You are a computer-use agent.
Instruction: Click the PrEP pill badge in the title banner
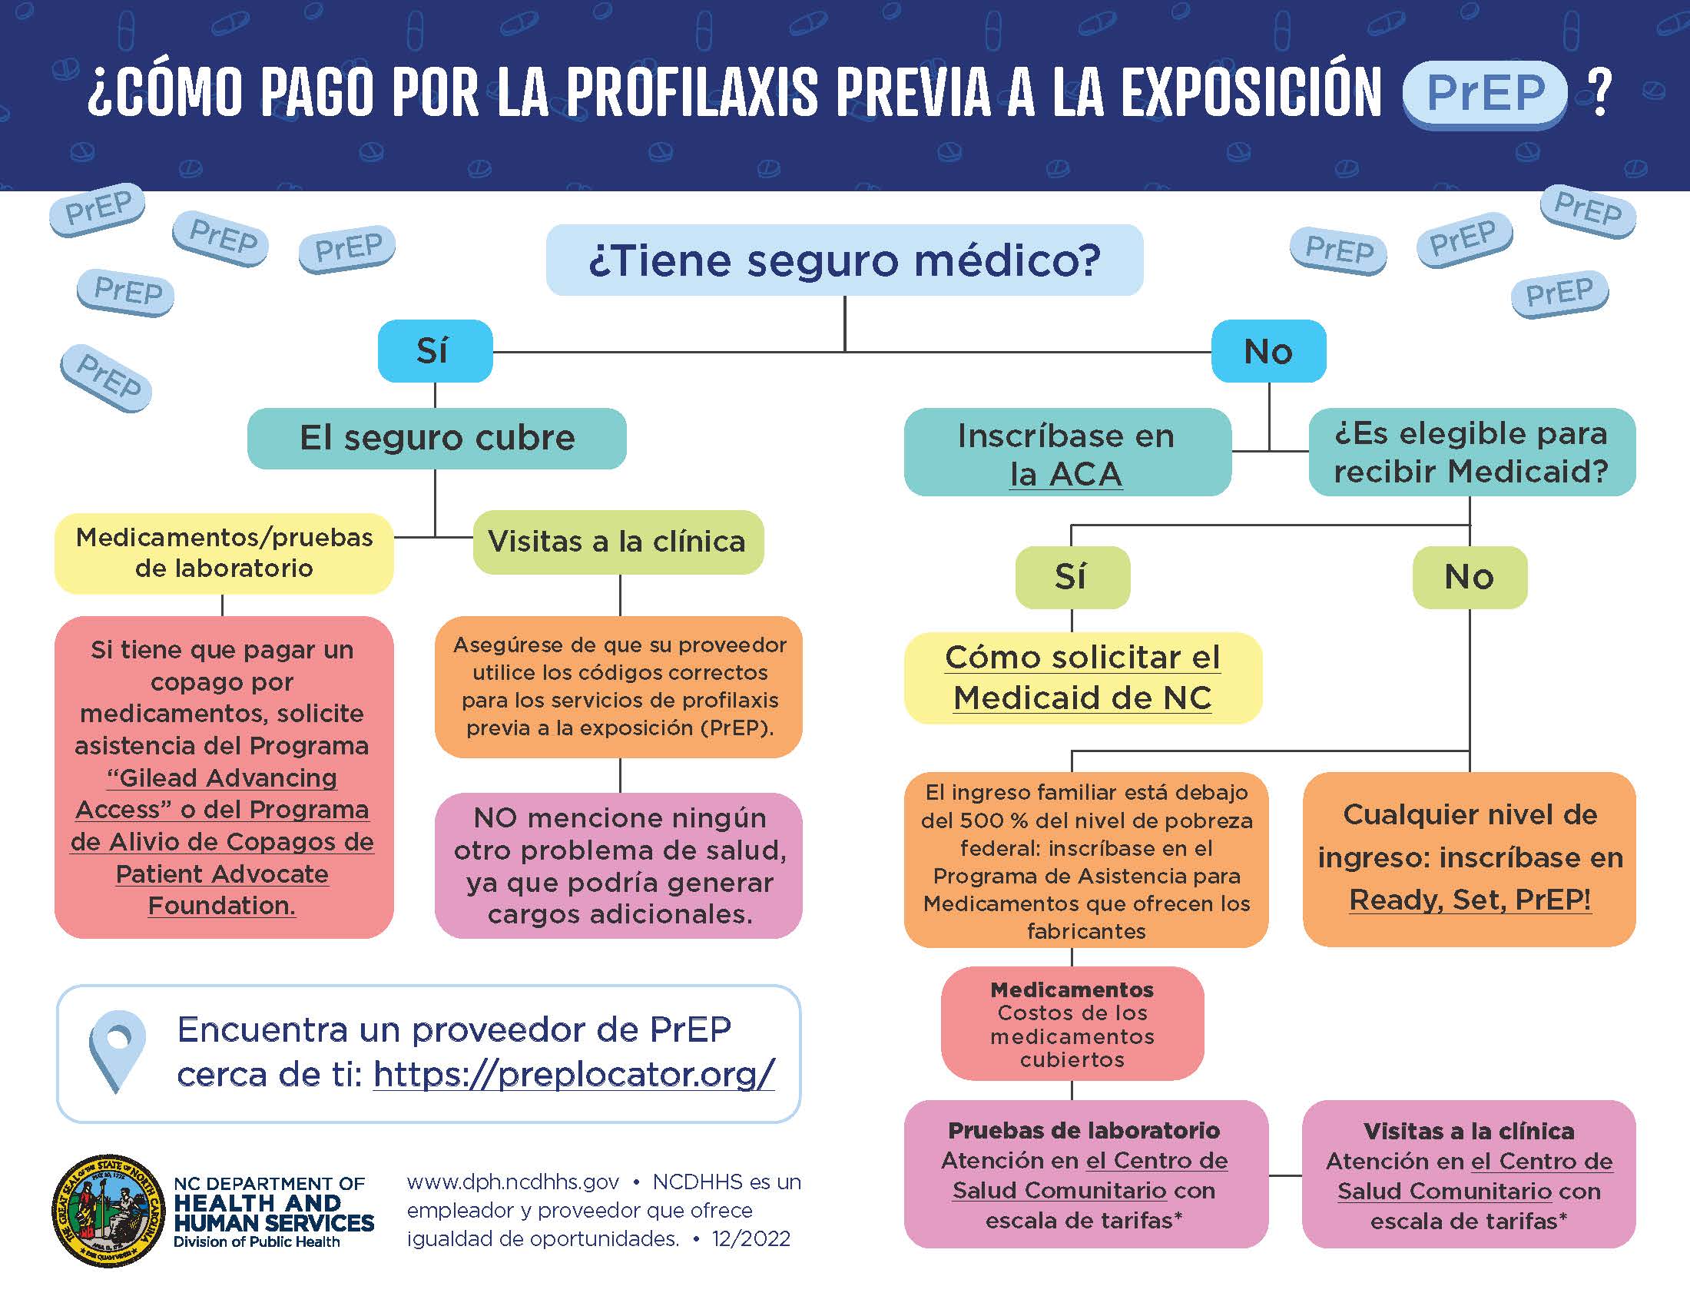click(1485, 94)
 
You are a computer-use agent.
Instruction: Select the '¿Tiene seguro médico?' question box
click(844, 260)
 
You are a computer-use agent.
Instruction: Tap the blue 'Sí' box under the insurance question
click(435, 350)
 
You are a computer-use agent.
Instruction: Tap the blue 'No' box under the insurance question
click(1268, 350)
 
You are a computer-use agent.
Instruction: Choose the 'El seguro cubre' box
click(436, 438)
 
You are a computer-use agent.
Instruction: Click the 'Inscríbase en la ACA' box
click(1067, 452)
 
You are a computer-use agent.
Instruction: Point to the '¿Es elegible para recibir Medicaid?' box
click(1472, 452)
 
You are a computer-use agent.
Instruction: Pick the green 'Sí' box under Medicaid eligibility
click(1072, 577)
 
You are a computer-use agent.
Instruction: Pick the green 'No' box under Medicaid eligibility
click(1470, 577)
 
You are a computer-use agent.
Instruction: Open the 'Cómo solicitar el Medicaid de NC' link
click(1082, 678)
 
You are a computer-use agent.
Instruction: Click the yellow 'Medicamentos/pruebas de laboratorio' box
click(224, 553)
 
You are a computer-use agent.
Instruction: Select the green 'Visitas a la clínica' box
click(618, 542)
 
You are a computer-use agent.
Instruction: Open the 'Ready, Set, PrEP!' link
click(1470, 900)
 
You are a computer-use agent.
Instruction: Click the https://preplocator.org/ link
click(574, 1074)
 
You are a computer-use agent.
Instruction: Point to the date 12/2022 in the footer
click(751, 1238)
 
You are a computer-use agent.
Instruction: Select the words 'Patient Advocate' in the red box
click(222, 873)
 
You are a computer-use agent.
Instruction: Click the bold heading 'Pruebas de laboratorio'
click(1084, 1130)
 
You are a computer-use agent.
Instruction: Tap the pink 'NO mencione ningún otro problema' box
click(618, 866)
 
